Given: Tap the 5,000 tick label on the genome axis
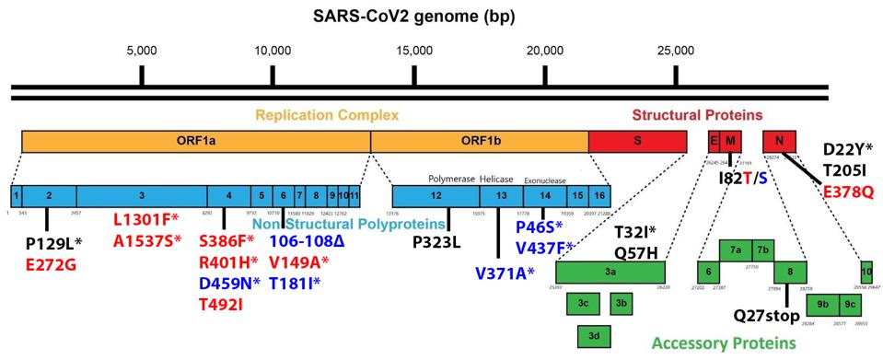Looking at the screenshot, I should pos(141,49).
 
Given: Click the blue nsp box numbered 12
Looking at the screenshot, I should pos(435,196).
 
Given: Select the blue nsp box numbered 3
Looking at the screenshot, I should pos(141,196).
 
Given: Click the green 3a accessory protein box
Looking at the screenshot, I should pos(610,273).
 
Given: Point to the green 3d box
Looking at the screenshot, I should pos(595,337).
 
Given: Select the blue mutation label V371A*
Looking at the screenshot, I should pos(505,273).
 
